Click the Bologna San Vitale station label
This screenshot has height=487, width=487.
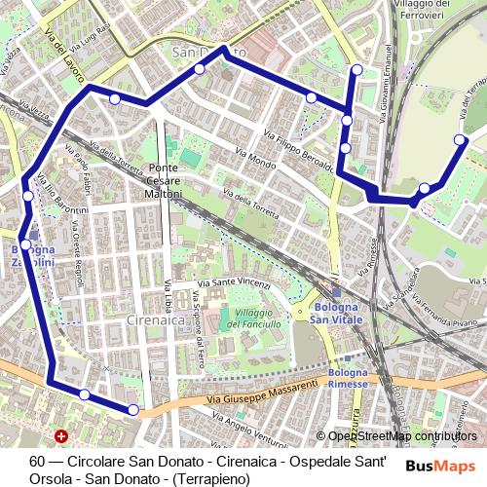336,314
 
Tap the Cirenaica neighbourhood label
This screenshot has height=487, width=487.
156,319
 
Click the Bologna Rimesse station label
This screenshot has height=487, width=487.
348,378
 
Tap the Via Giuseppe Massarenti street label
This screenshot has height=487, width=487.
262,393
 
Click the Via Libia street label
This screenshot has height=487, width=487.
169,294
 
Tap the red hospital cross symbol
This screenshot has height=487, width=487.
62,438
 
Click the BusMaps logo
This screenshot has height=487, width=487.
440,466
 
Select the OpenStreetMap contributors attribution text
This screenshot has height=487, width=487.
402,436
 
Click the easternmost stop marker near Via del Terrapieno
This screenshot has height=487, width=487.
462,139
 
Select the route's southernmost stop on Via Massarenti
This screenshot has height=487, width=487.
133,410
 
